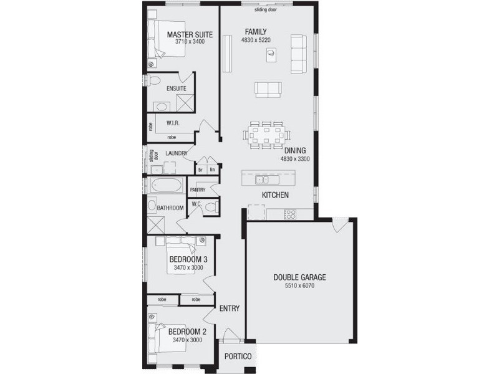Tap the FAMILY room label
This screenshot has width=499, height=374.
(x=256, y=32)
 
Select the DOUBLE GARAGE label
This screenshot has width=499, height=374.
(x=300, y=277)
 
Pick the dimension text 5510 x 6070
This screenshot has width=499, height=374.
(x=300, y=286)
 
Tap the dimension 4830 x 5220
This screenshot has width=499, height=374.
(x=256, y=40)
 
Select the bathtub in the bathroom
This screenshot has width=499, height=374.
(x=166, y=186)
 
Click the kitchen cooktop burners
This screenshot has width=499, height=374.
(x=290, y=214)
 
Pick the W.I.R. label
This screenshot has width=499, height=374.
(x=173, y=123)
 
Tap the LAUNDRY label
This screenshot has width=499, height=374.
(x=177, y=152)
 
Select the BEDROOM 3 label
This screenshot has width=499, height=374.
(x=188, y=259)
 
